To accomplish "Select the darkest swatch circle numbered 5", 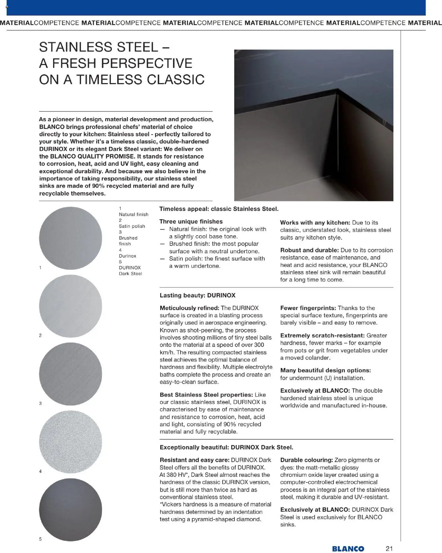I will coord(70,510).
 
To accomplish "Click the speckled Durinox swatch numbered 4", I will coord(70,442).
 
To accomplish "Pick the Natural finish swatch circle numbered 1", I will coord(70,238).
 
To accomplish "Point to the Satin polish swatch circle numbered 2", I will coord(70,306).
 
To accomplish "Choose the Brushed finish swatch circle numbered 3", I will coord(70,374).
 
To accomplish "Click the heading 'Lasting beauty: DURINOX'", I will coord(197,295).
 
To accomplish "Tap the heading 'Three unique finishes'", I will coord(191,221).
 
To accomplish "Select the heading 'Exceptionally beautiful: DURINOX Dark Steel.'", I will coord(226,447).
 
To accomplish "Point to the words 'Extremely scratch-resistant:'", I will coord(322,335).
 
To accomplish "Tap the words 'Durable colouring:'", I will coord(306,460).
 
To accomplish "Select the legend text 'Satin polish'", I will coord(132,226).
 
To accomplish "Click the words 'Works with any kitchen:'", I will coord(315,223).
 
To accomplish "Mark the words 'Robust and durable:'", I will coord(309,250).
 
